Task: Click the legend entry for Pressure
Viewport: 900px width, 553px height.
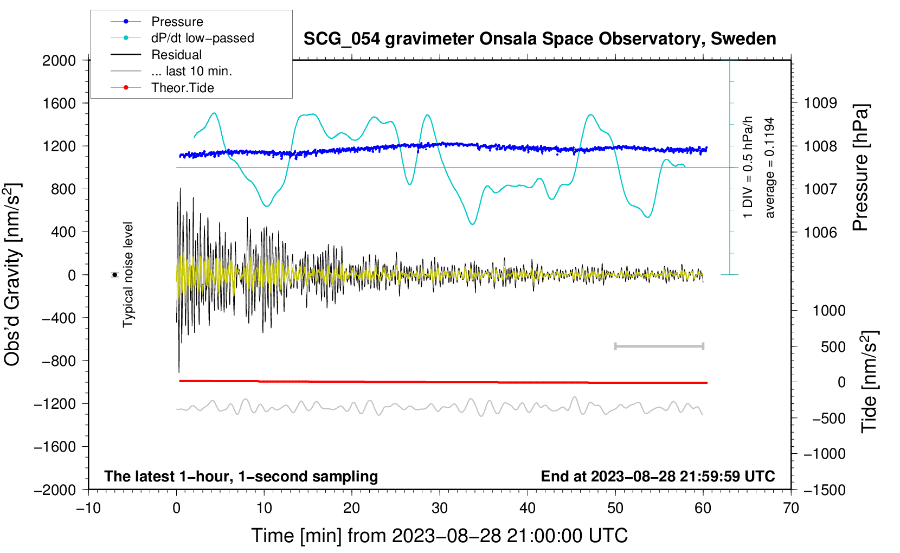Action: point(157,21)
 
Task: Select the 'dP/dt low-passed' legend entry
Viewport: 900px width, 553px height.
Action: point(182,38)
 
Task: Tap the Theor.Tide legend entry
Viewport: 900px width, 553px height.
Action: point(162,88)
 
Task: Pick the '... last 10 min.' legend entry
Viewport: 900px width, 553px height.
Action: point(171,71)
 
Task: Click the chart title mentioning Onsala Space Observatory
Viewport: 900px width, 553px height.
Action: point(539,38)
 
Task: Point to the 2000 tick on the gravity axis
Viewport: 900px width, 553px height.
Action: point(59,61)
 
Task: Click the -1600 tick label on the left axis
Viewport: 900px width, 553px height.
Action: point(55,447)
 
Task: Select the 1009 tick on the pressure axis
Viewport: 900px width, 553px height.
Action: point(820,104)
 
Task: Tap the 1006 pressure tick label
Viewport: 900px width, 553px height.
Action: point(820,232)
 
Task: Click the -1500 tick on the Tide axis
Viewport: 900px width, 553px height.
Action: point(825,490)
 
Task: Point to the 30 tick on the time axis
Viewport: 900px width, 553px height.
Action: point(440,509)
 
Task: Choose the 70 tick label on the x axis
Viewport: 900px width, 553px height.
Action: point(791,509)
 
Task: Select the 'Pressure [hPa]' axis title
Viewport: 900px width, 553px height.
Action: point(860,168)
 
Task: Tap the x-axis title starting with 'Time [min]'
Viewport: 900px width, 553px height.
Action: point(440,536)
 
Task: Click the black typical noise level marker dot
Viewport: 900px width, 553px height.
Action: point(115,275)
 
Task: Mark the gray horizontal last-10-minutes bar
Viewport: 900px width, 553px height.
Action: point(659,346)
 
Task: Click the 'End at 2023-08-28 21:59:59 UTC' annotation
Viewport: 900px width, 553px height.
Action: point(658,476)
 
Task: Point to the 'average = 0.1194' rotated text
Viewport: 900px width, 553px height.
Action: point(769,168)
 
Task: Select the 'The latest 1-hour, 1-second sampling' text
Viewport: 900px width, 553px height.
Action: point(241,477)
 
